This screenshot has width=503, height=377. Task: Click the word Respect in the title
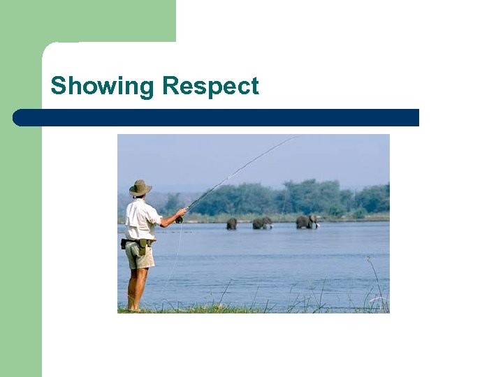[x=210, y=87]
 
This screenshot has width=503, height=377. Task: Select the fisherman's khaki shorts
[x=140, y=256]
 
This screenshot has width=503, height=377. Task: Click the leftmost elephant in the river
[x=231, y=223]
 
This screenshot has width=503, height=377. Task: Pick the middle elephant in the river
[x=261, y=223]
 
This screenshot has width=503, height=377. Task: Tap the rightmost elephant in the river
[x=306, y=221]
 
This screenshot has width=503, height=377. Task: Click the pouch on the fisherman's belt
[x=143, y=244]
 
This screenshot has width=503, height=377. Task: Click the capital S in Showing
[x=58, y=87]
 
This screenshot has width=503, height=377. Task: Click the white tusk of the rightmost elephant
[x=316, y=225]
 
